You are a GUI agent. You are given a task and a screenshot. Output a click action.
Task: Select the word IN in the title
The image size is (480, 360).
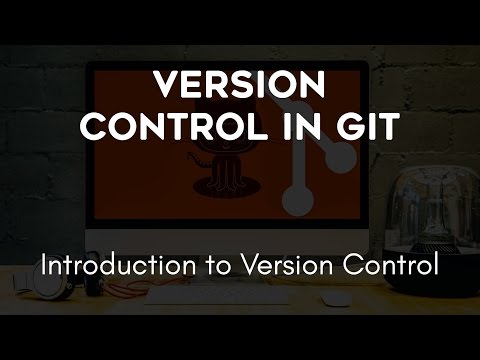coord(303,127)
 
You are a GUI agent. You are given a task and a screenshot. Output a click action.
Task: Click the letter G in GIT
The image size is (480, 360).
coord(345,127)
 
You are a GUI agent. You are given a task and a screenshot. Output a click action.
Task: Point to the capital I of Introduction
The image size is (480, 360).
coord(42,267)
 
